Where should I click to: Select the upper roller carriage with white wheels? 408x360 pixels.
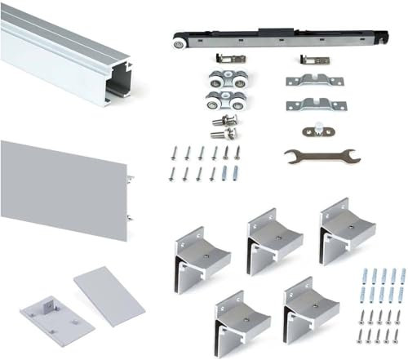(224, 82)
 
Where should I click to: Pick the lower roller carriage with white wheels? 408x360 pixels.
(224, 104)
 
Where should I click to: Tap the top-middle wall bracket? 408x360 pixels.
(273, 237)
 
